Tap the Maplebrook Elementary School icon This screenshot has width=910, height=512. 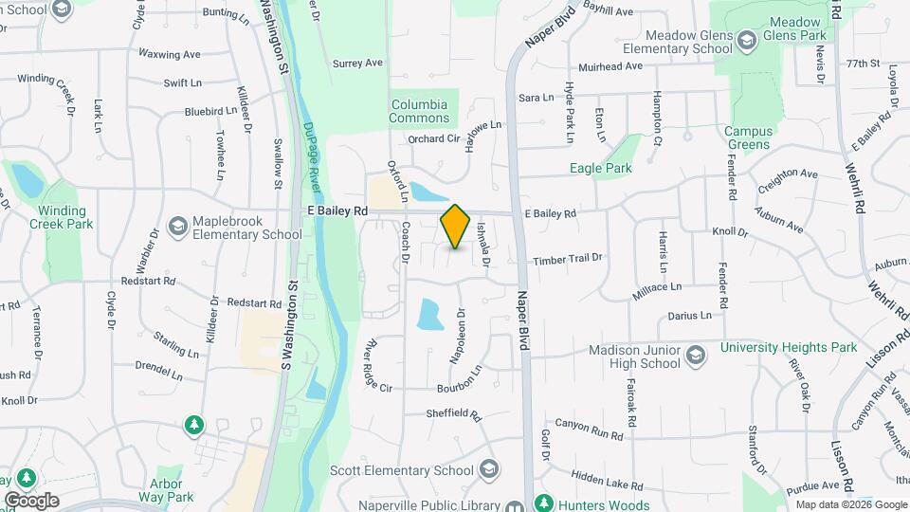[177, 227]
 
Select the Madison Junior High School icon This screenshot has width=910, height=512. [695, 356]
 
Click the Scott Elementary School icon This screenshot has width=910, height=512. [488, 470]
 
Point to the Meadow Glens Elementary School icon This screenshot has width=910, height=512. [746, 40]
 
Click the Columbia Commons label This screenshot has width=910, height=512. [419, 111]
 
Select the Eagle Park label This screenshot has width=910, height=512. [600, 169]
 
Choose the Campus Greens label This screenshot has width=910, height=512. [747, 137]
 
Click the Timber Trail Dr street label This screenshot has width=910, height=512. [568, 259]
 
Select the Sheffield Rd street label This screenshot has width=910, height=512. [454, 414]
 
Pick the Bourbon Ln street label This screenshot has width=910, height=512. [460, 389]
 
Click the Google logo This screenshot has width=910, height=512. [31, 500]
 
